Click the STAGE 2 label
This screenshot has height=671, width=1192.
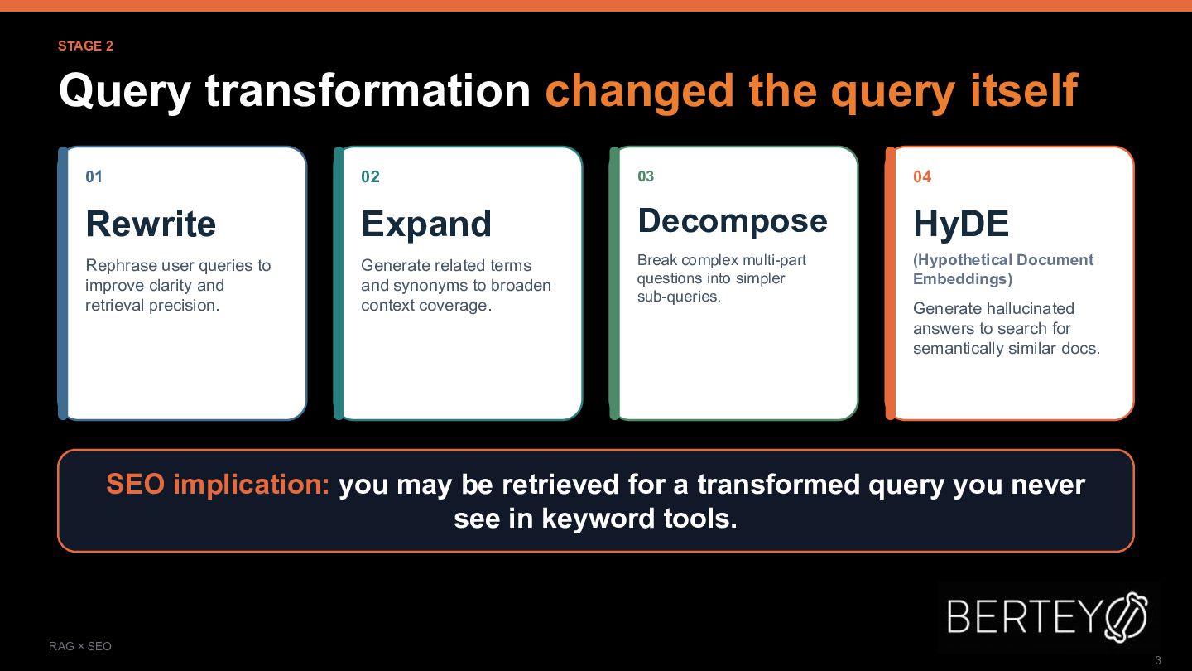click(86, 46)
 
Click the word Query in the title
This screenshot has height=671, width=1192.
click(125, 92)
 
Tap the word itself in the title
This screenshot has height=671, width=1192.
click(1025, 90)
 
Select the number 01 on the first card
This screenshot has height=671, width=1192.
click(94, 176)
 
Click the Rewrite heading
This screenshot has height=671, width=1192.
click(151, 224)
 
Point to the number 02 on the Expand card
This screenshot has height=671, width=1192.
click(370, 176)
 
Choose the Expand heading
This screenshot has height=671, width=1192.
click(426, 224)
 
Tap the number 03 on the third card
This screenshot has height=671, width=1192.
click(646, 176)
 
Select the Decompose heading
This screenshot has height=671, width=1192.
click(733, 221)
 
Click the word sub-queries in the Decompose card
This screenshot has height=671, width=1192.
click(679, 297)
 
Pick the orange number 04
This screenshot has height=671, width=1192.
click(922, 176)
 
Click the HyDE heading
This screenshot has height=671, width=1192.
click(961, 224)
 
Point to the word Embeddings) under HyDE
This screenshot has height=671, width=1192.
click(963, 279)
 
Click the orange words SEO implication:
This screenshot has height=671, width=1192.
click(219, 485)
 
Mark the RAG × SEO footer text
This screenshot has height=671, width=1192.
click(80, 646)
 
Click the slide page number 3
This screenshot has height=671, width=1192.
click(1158, 660)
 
